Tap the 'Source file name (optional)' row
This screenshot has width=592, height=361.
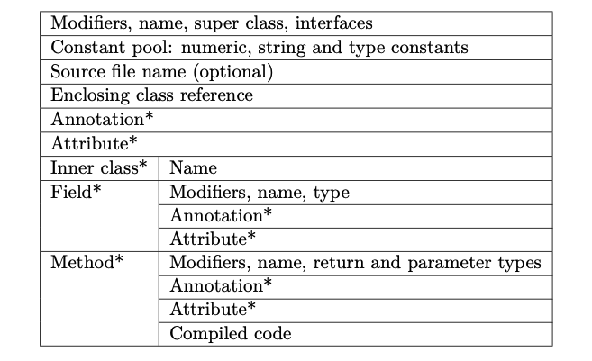click(162, 71)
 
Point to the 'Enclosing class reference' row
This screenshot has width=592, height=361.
click(152, 95)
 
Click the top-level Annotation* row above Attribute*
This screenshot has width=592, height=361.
click(96, 119)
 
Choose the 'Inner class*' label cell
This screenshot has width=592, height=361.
click(99, 167)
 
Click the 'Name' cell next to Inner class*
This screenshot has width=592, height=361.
click(193, 167)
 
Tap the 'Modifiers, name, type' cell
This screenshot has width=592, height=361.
click(260, 192)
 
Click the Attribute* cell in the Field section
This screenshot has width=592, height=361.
click(213, 239)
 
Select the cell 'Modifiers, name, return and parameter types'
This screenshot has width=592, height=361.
click(355, 263)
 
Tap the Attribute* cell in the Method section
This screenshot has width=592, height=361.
click(213, 310)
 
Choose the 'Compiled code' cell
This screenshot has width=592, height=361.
click(231, 334)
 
